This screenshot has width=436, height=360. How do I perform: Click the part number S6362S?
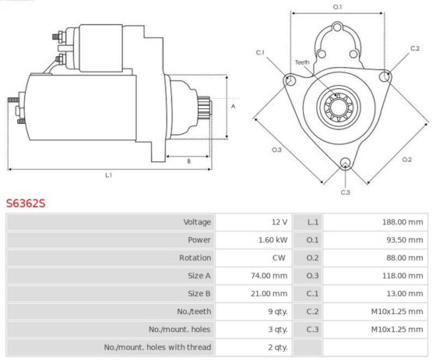pyautogui.click(x=26, y=203)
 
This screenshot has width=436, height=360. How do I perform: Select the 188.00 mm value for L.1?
pyautogui.click(x=403, y=222)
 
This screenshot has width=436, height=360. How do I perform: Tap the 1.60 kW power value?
pyautogui.click(x=272, y=240)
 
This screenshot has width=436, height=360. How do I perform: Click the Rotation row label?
pyautogui.click(x=195, y=258)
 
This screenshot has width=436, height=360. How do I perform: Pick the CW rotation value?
pyautogui.click(x=279, y=258)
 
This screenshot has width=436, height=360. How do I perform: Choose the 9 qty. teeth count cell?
pyautogui.click(x=277, y=312)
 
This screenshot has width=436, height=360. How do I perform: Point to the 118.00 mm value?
pyautogui.click(x=403, y=276)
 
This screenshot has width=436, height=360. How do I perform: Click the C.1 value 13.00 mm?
pyautogui.click(x=405, y=294)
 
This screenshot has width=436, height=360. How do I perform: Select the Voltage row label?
pyautogui.click(x=197, y=222)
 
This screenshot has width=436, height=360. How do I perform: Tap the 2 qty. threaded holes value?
pyautogui.click(x=277, y=348)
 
